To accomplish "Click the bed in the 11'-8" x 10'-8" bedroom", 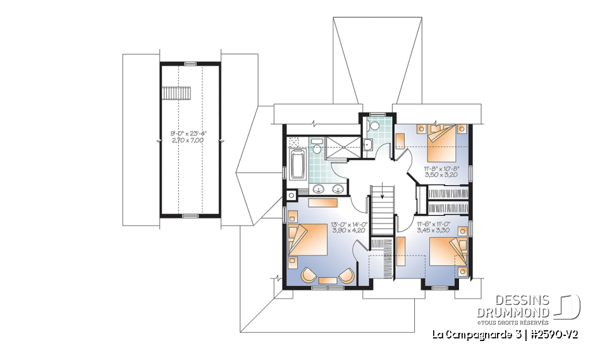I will pos(445,144).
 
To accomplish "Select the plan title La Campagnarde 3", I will pos(474,333).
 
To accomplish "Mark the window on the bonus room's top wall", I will pos(190,64).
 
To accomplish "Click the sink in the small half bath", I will pos(368,145).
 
